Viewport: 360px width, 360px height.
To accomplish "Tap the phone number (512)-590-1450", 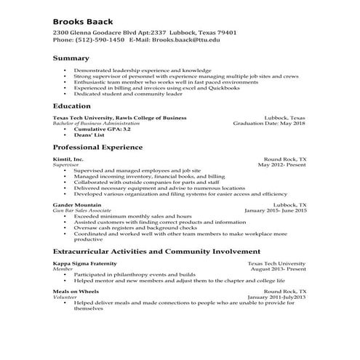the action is point(97,40).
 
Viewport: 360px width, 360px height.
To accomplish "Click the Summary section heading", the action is point(71,57).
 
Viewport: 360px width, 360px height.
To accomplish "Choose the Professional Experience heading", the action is point(97,147).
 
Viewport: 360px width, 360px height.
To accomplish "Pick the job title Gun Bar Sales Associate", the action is point(81,211).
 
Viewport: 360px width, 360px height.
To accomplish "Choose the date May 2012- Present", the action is point(282,164).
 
